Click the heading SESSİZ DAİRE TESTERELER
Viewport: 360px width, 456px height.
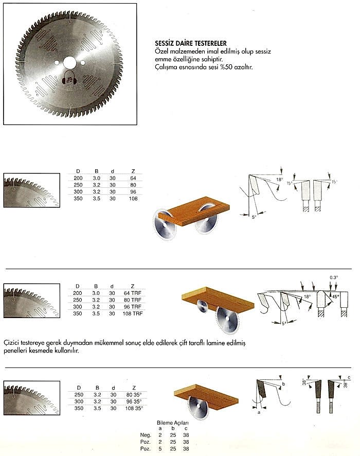pos(191,43)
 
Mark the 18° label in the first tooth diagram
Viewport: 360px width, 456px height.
pos(280,180)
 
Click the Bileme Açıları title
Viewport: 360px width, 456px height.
pos(174,422)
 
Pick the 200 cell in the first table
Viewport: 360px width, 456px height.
pos(78,178)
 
